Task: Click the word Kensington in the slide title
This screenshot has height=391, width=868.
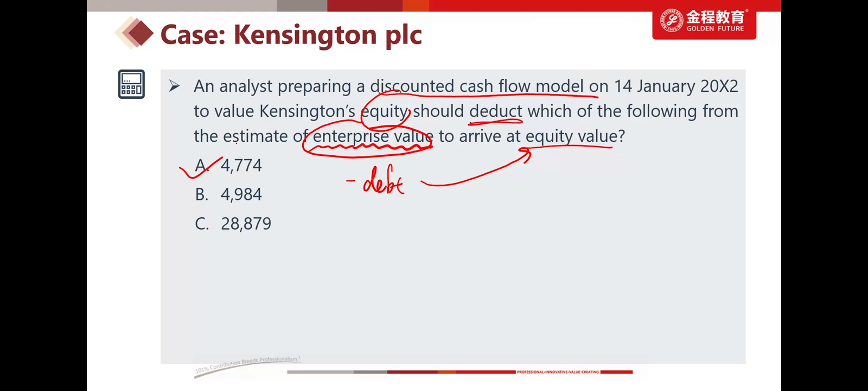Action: click(x=305, y=35)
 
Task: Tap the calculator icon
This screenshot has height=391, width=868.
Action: click(x=131, y=84)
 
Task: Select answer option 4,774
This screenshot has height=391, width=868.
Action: click(x=241, y=166)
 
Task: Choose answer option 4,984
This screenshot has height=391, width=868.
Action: click(x=241, y=194)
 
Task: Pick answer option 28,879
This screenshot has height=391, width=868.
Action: click(x=246, y=224)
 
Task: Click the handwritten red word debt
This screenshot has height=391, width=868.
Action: click(x=384, y=180)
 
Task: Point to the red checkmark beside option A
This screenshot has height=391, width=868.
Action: click(x=200, y=168)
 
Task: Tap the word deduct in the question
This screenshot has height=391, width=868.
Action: click(x=496, y=111)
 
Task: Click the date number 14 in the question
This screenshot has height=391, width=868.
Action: click(x=623, y=86)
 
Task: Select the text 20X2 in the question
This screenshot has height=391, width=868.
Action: click(x=719, y=86)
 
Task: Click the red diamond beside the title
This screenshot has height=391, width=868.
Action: click(x=141, y=33)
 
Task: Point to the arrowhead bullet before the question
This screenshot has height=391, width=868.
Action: click(x=174, y=86)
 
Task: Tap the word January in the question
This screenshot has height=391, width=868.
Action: click(x=666, y=86)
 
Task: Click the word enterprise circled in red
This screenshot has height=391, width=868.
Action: click(x=350, y=136)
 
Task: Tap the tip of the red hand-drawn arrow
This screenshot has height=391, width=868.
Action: click(x=530, y=152)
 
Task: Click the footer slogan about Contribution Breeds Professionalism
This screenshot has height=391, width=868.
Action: click(x=247, y=364)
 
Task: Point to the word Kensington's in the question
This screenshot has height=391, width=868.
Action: click(x=307, y=111)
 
